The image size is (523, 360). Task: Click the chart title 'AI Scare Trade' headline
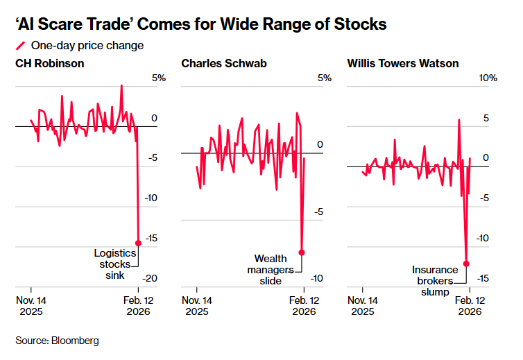[201, 25]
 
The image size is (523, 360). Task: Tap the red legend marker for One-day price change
[20, 46]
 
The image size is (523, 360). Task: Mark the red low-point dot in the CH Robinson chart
[138, 243]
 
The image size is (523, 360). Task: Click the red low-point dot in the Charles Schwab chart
[302, 252]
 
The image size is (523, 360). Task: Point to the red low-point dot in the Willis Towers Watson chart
[467, 264]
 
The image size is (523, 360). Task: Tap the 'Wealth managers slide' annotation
[271, 269]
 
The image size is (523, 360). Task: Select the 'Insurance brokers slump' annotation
[435, 280]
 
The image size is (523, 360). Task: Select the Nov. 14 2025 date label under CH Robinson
[31, 306]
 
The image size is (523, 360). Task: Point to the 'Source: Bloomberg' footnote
[57, 341]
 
